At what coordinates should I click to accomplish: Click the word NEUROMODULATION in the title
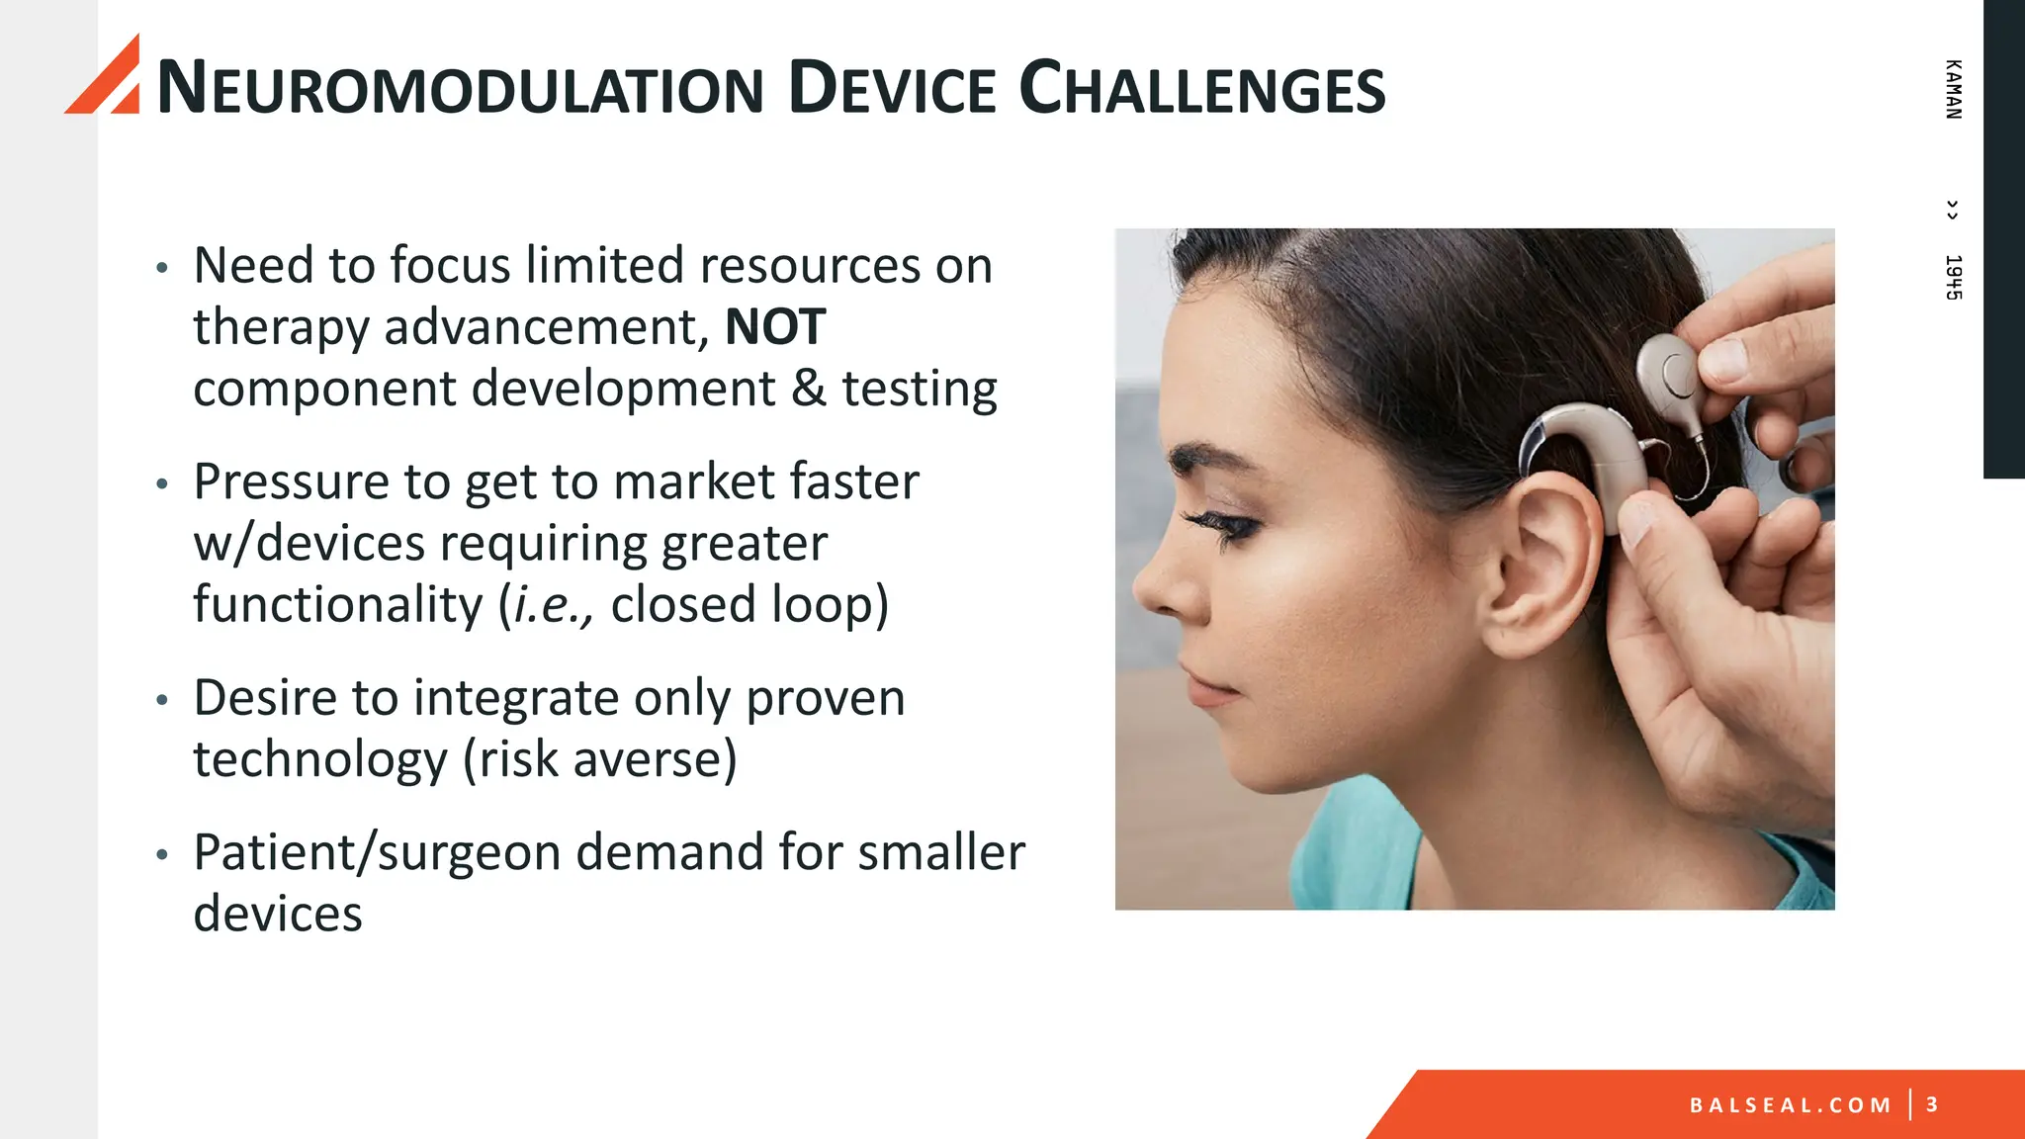460,89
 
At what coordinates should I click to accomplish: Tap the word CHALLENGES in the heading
1201,89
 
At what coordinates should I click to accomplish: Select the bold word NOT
774,327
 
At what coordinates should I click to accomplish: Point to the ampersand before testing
808,389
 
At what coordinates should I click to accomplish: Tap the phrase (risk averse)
600,759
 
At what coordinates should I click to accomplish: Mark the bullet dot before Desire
163,700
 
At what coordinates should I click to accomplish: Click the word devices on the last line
278,914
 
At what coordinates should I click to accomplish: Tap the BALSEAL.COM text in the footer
1790,1104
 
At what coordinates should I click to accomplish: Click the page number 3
1932,1104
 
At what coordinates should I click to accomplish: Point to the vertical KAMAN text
1953,89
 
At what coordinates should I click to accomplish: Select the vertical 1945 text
1953,277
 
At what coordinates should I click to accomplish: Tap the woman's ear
1542,564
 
